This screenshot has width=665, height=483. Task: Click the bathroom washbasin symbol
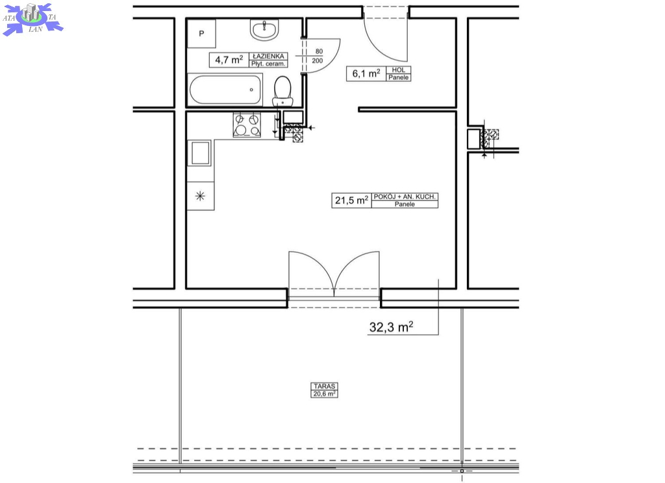[x=264, y=30]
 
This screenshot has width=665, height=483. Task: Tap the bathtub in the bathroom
[x=225, y=90]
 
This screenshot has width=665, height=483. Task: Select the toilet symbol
[x=282, y=91]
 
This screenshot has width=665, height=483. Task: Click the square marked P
[x=201, y=34]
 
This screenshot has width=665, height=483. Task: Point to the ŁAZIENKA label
[x=268, y=56]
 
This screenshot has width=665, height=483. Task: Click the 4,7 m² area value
[x=229, y=59]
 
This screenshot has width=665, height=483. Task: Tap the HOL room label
[x=398, y=70]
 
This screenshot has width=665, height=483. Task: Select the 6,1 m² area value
[x=366, y=73]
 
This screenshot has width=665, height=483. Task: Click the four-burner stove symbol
[x=247, y=125]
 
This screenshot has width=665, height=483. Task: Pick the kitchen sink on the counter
[x=201, y=153]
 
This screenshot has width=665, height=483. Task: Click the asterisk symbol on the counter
[x=200, y=196]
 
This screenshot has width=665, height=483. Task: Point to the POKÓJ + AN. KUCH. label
[x=405, y=196]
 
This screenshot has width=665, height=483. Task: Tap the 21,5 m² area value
[x=351, y=200]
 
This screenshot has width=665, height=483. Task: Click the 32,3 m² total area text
[x=391, y=327]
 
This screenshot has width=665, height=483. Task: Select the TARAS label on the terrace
[x=325, y=386]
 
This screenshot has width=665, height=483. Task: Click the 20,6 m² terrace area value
[x=325, y=394]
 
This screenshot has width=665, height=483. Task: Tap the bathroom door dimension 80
[x=319, y=51]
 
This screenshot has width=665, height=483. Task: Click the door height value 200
[x=317, y=60]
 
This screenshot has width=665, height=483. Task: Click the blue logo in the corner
[x=32, y=19]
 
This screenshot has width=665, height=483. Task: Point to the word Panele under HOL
[x=399, y=77]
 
